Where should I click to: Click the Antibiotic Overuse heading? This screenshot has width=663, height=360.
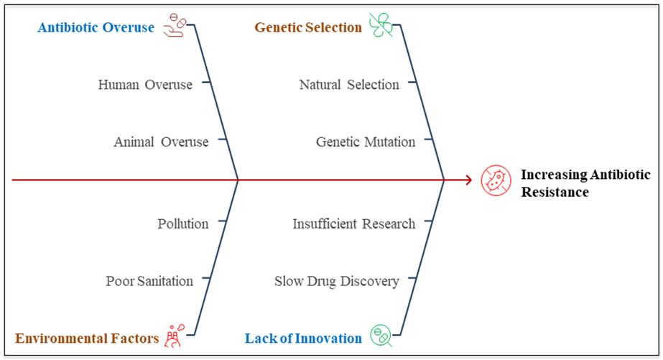(x=96, y=28)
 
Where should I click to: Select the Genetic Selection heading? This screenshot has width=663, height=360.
(x=308, y=28)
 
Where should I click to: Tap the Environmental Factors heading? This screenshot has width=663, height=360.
(x=87, y=338)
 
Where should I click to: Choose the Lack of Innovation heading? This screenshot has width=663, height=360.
(x=303, y=338)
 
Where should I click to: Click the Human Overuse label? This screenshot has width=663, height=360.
(x=145, y=85)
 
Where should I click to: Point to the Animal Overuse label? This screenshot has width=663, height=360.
(x=161, y=142)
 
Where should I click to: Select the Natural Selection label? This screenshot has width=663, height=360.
(x=349, y=85)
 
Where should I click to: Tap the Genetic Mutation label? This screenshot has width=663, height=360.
(x=366, y=142)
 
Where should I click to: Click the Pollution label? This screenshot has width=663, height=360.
(x=183, y=223)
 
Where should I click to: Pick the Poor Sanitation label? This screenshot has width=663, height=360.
(x=149, y=281)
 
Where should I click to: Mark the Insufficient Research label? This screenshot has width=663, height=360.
(x=353, y=223)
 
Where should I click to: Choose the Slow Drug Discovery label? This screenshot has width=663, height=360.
(x=336, y=281)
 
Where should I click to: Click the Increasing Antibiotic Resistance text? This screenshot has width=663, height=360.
(x=585, y=183)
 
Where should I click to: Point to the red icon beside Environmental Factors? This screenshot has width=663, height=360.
(x=175, y=335)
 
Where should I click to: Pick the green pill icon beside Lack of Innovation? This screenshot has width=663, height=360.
(x=381, y=335)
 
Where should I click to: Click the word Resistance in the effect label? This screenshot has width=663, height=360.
(x=555, y=193)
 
